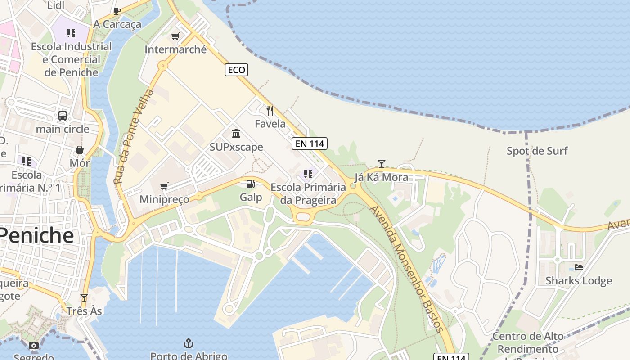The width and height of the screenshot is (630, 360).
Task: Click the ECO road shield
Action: [236, 70]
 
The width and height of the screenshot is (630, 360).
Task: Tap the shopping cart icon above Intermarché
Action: [175, 36]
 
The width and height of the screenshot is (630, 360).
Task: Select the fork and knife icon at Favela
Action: [270, 110]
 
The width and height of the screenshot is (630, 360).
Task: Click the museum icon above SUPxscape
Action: [236, 133]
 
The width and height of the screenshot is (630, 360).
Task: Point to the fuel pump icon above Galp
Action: [251, 184]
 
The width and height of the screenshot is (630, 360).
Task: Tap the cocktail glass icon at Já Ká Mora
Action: [382, 163]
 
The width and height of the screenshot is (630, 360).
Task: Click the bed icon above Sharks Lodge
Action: [579, 267]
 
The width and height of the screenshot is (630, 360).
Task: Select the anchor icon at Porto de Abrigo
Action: [189, 344]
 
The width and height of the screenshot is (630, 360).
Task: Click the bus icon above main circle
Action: [63, 116]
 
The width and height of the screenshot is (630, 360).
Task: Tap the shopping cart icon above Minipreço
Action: [164, 186]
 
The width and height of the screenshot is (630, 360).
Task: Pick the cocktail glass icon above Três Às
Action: [84, 297]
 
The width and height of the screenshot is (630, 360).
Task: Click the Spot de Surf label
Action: [537, 151]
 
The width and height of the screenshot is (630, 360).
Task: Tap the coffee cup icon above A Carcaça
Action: [117, 11]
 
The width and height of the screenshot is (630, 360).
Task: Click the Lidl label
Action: [56, 5]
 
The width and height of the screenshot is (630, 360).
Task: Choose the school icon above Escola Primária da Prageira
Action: [308, 174]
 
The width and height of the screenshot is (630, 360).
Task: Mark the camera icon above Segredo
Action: [34, 345]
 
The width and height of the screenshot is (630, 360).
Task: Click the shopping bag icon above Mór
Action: [80, 149]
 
